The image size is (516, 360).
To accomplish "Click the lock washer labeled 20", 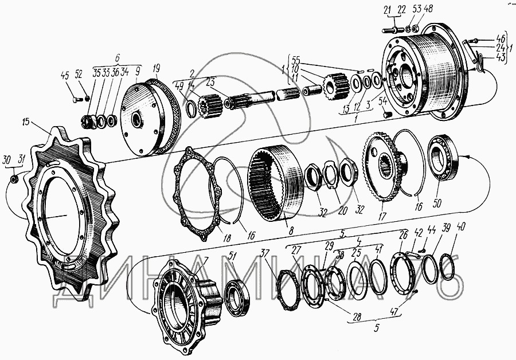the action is pos(329,173).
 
